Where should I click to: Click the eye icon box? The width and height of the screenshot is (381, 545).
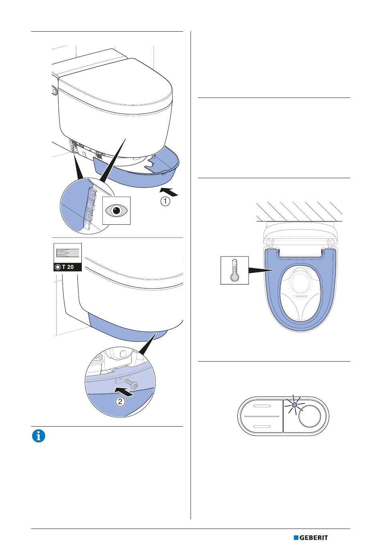116,210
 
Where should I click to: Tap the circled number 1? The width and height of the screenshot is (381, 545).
165,201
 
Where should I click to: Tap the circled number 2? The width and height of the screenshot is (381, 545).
120,401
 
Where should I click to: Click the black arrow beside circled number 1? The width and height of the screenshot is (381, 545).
169,191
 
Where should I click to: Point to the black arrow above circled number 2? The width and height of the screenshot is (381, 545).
124,391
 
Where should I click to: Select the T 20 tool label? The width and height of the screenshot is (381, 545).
67,267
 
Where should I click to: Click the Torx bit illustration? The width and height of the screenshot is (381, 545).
67,253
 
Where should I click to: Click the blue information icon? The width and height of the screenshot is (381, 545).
39,436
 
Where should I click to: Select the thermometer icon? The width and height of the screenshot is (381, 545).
235,270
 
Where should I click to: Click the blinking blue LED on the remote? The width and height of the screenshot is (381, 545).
294,405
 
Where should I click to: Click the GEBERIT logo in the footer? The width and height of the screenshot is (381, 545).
311,537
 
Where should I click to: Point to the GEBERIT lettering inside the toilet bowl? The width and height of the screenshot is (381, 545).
300,297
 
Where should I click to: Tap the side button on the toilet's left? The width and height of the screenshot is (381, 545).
54,91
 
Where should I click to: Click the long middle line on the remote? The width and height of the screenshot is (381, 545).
261,417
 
